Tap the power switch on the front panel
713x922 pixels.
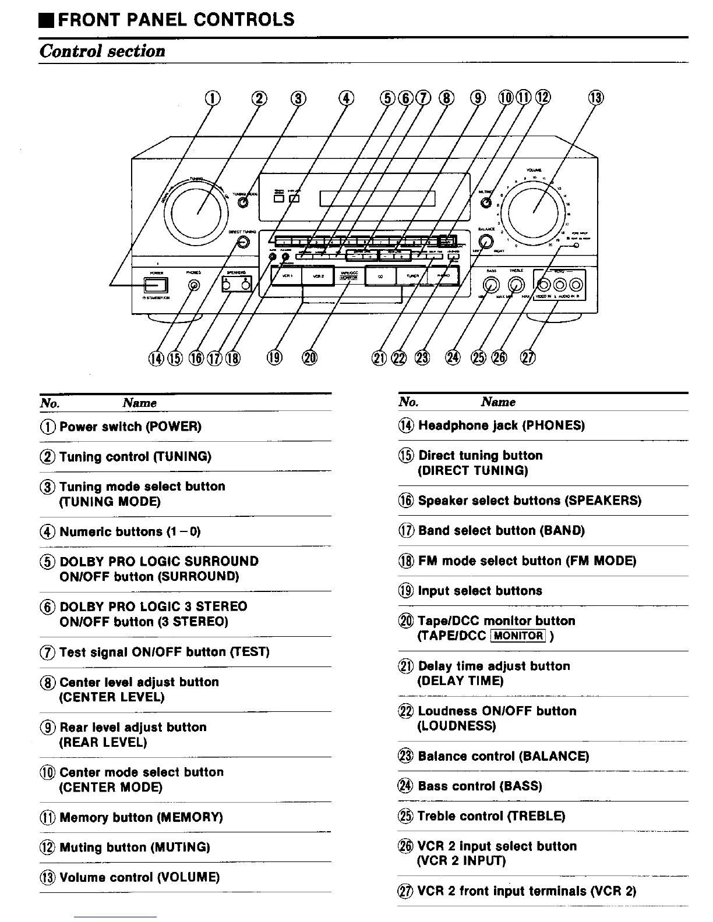156,285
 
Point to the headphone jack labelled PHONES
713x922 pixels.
194,285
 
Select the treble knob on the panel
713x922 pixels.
516,285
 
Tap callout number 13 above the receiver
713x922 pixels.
596,98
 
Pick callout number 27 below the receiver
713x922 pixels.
528,357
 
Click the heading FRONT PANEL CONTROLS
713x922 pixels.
176,20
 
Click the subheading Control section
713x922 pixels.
103,51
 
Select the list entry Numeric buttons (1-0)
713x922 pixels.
129,531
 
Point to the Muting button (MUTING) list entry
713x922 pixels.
134,847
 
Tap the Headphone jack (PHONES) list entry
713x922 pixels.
501,425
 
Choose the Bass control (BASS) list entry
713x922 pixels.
479,786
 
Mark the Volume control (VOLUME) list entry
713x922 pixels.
139,877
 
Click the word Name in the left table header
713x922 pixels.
139,403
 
